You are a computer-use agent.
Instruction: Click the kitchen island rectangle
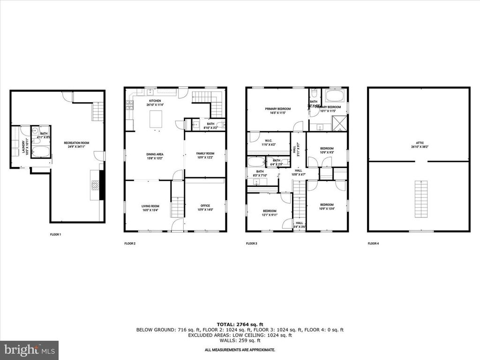[x=156, y=119]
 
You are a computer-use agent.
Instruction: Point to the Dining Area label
[x=153, y=156]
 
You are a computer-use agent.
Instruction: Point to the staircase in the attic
[x=422, y=198]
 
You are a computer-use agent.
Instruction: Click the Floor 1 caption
[x=56, y=234]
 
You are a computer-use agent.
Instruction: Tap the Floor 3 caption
[x=252, y=244]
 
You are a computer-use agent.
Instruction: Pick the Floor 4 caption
[x=373, y=244]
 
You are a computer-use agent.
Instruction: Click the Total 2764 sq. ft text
[x=240, y=324]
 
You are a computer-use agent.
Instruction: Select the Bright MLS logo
[x=29, y=350]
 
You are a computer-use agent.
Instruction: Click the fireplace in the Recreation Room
[x=96, y=185]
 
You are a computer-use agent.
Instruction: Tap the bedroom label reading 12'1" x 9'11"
[x=270, y=213]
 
